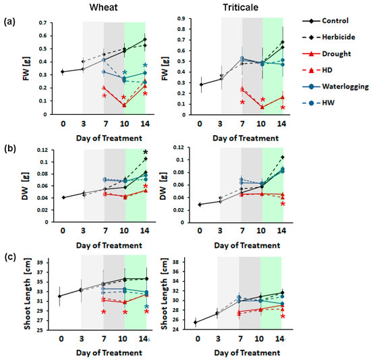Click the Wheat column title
[x=103, y=8]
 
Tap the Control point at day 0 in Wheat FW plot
[x=62, y=72]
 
